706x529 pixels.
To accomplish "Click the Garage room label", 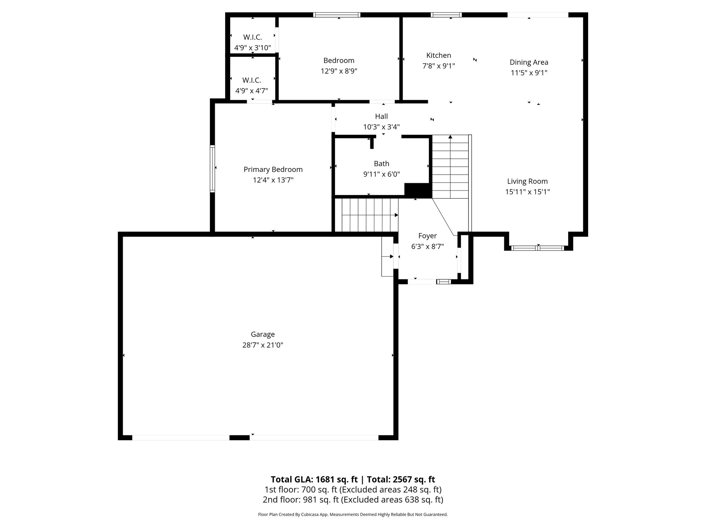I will tap(263, 334).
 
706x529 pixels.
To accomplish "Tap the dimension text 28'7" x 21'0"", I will tap(263, 345).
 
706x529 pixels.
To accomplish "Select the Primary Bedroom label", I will tap(273, 169).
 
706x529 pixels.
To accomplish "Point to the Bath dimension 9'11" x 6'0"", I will tap(381, 174).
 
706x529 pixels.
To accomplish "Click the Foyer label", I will tap(427, 236).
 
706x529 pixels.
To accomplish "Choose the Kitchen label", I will tap(438, 55).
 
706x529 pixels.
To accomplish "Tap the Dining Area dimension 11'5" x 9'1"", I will tap(529, 73).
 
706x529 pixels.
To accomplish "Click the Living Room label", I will tap(527, 181).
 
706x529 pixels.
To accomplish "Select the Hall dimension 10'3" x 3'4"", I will tap(381, 127).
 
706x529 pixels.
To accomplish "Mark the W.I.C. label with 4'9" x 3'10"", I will tap(252, 37).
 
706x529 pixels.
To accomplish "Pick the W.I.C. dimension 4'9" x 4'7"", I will tap(251, 91).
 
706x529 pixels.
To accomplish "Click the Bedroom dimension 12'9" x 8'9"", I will tap(339, 71).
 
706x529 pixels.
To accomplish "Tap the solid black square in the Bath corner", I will tap(417, 190).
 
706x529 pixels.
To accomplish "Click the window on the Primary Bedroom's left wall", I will tap(212, 168).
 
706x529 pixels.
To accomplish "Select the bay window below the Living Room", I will tap(537, 248).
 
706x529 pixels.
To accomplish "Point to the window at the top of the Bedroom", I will tap(337, 15).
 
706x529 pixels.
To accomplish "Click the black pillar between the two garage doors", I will tap(239, 437).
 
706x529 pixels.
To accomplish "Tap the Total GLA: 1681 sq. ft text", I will tap(314, 479).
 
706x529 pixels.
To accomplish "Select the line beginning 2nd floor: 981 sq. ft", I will tap(353, 499).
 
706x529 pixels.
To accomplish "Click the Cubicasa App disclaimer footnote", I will tap(353, 515).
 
